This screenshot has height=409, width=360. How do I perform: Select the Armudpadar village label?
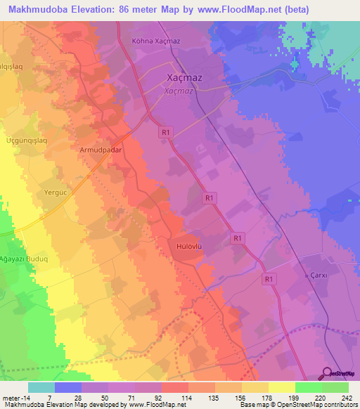pyautogui.click(x=101, y=150)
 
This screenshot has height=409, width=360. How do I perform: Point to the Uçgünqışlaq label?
pyautogui.click(x=25, y=141)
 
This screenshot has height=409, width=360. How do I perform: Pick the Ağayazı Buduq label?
pyautogui.click(x=25, y=258)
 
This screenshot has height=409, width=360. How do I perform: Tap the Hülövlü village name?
pyautogui.click(x=190, y=247)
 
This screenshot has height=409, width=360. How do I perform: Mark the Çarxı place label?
pyautogui.click(x=319, y=275)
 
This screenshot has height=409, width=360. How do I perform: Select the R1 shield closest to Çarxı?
pyautogui.click(x=268, y=279)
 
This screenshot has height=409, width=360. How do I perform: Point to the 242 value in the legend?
pyautogui.click(x=347, y=397)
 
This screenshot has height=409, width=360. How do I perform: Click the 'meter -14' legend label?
pyautogui.click(x=15, y=397)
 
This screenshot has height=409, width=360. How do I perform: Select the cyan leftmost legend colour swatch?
pyautogui.click(x=41, y=387)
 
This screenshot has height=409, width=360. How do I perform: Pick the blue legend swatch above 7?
pyautogui.click(x=68, y=387)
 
